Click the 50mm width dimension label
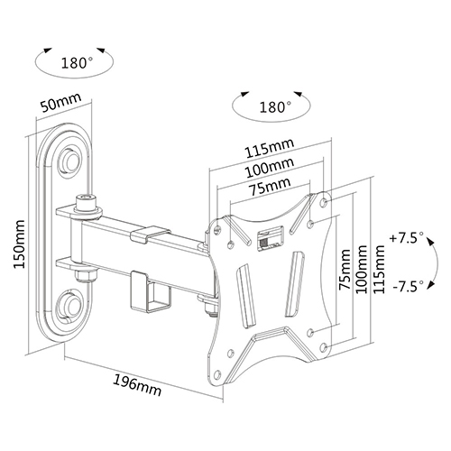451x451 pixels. tap(60, 103)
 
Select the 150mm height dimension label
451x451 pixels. tap(19, 244)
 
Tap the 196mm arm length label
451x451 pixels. tap(137, 385)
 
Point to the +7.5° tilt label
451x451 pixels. tap(407, 238)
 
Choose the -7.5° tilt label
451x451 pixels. tap(409, 286)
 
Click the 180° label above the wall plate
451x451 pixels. tap(78, 63)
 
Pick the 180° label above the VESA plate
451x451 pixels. tap(275, 107)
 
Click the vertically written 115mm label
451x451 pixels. tap(379, 269)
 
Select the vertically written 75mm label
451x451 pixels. tap(345, 269)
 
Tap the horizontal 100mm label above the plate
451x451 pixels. tap(270, 168)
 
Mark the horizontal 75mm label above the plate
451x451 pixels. tap(270, 187)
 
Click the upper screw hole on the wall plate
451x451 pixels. tap(71, 161)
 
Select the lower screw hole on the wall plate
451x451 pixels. tap(71, 304)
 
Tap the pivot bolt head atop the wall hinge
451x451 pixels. tap(86, 203)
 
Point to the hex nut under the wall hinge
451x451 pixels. tap(87, 275)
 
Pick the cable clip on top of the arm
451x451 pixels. tap(151, 234)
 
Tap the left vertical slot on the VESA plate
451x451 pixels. tap(246, 295)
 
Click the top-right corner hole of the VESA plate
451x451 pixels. tap(324, 202)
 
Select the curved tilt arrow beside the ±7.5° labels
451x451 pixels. tap(437, 261)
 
